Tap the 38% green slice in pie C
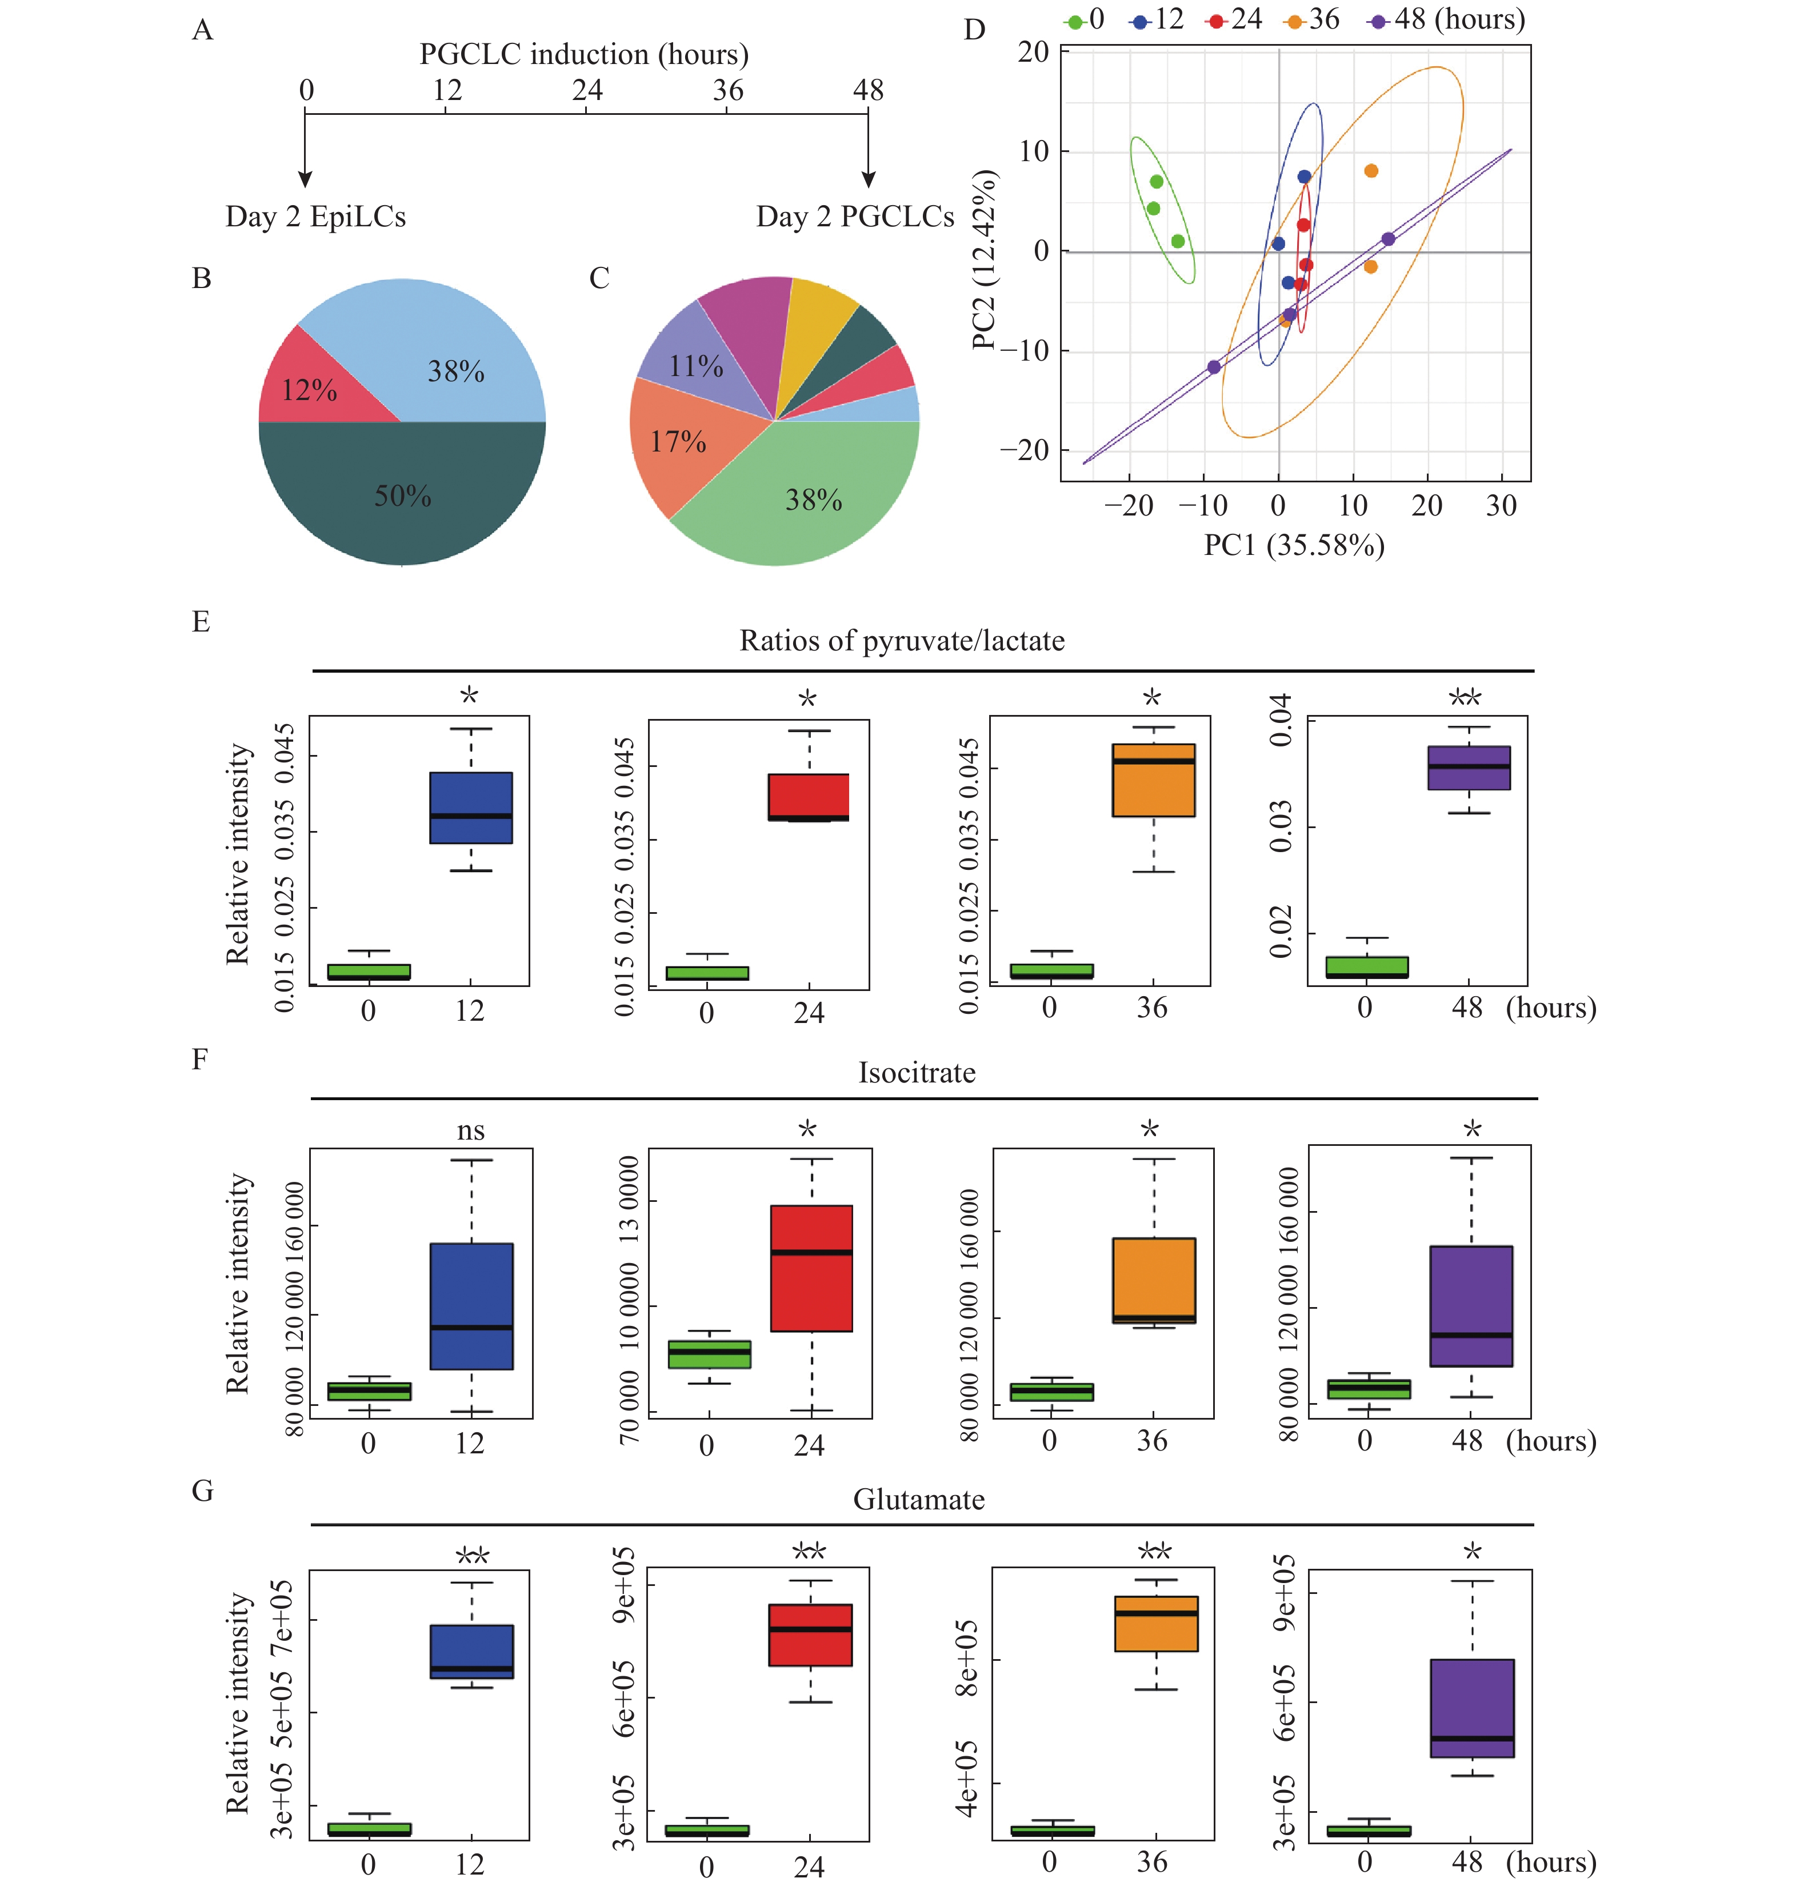(x=814, y=499)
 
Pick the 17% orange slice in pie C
(x=678, y=441)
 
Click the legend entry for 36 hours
(x=1311, y=19)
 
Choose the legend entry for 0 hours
(x=1086, y=19)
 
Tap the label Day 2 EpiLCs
(x=315, y=217)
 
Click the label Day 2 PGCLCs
(x=855, y=217)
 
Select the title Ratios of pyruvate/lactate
(x=902, y=641)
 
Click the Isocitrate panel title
(x=917, y=1073)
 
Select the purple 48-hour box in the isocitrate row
(x=1471, y=1306)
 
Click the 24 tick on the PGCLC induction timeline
(x=587, y=90)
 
